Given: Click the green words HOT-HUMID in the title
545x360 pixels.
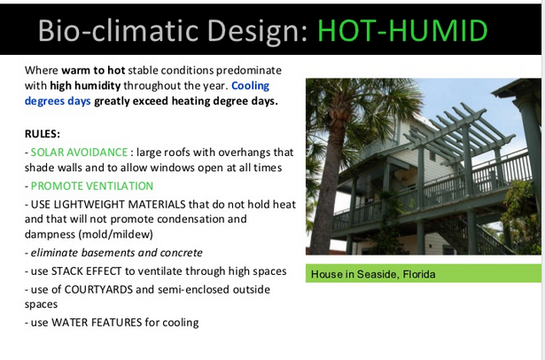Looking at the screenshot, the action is pyautogui.click(x=402, y=31).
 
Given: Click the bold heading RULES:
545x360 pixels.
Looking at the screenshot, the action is pyautogui.click(x=43, y=134).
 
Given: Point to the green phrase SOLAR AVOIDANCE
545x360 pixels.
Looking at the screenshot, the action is pyautogui.click(x=79, y=153).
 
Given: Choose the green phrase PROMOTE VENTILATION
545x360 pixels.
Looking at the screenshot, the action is pyautogui.click(x=92, y=186).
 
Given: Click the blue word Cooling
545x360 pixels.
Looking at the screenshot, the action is pyautogui.click(x=250, y=86).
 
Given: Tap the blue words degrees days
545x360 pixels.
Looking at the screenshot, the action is pyautogui.click(x=58, y=102).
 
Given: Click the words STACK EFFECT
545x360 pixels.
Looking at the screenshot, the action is pyautogui.click(x=86, y=271).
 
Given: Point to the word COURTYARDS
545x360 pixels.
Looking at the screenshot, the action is pyautogui.click(x=98, y=289).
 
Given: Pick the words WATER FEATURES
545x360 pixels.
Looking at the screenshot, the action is pyautogui.click(x=97, y=323).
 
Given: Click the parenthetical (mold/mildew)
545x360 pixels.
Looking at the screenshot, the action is pyautogui.click(x=116, y=234).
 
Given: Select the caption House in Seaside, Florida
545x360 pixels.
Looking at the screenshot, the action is pyautogui.click(x=373, y=275).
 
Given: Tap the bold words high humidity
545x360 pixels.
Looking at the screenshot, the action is pyautogui.click(x=85, y=86).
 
